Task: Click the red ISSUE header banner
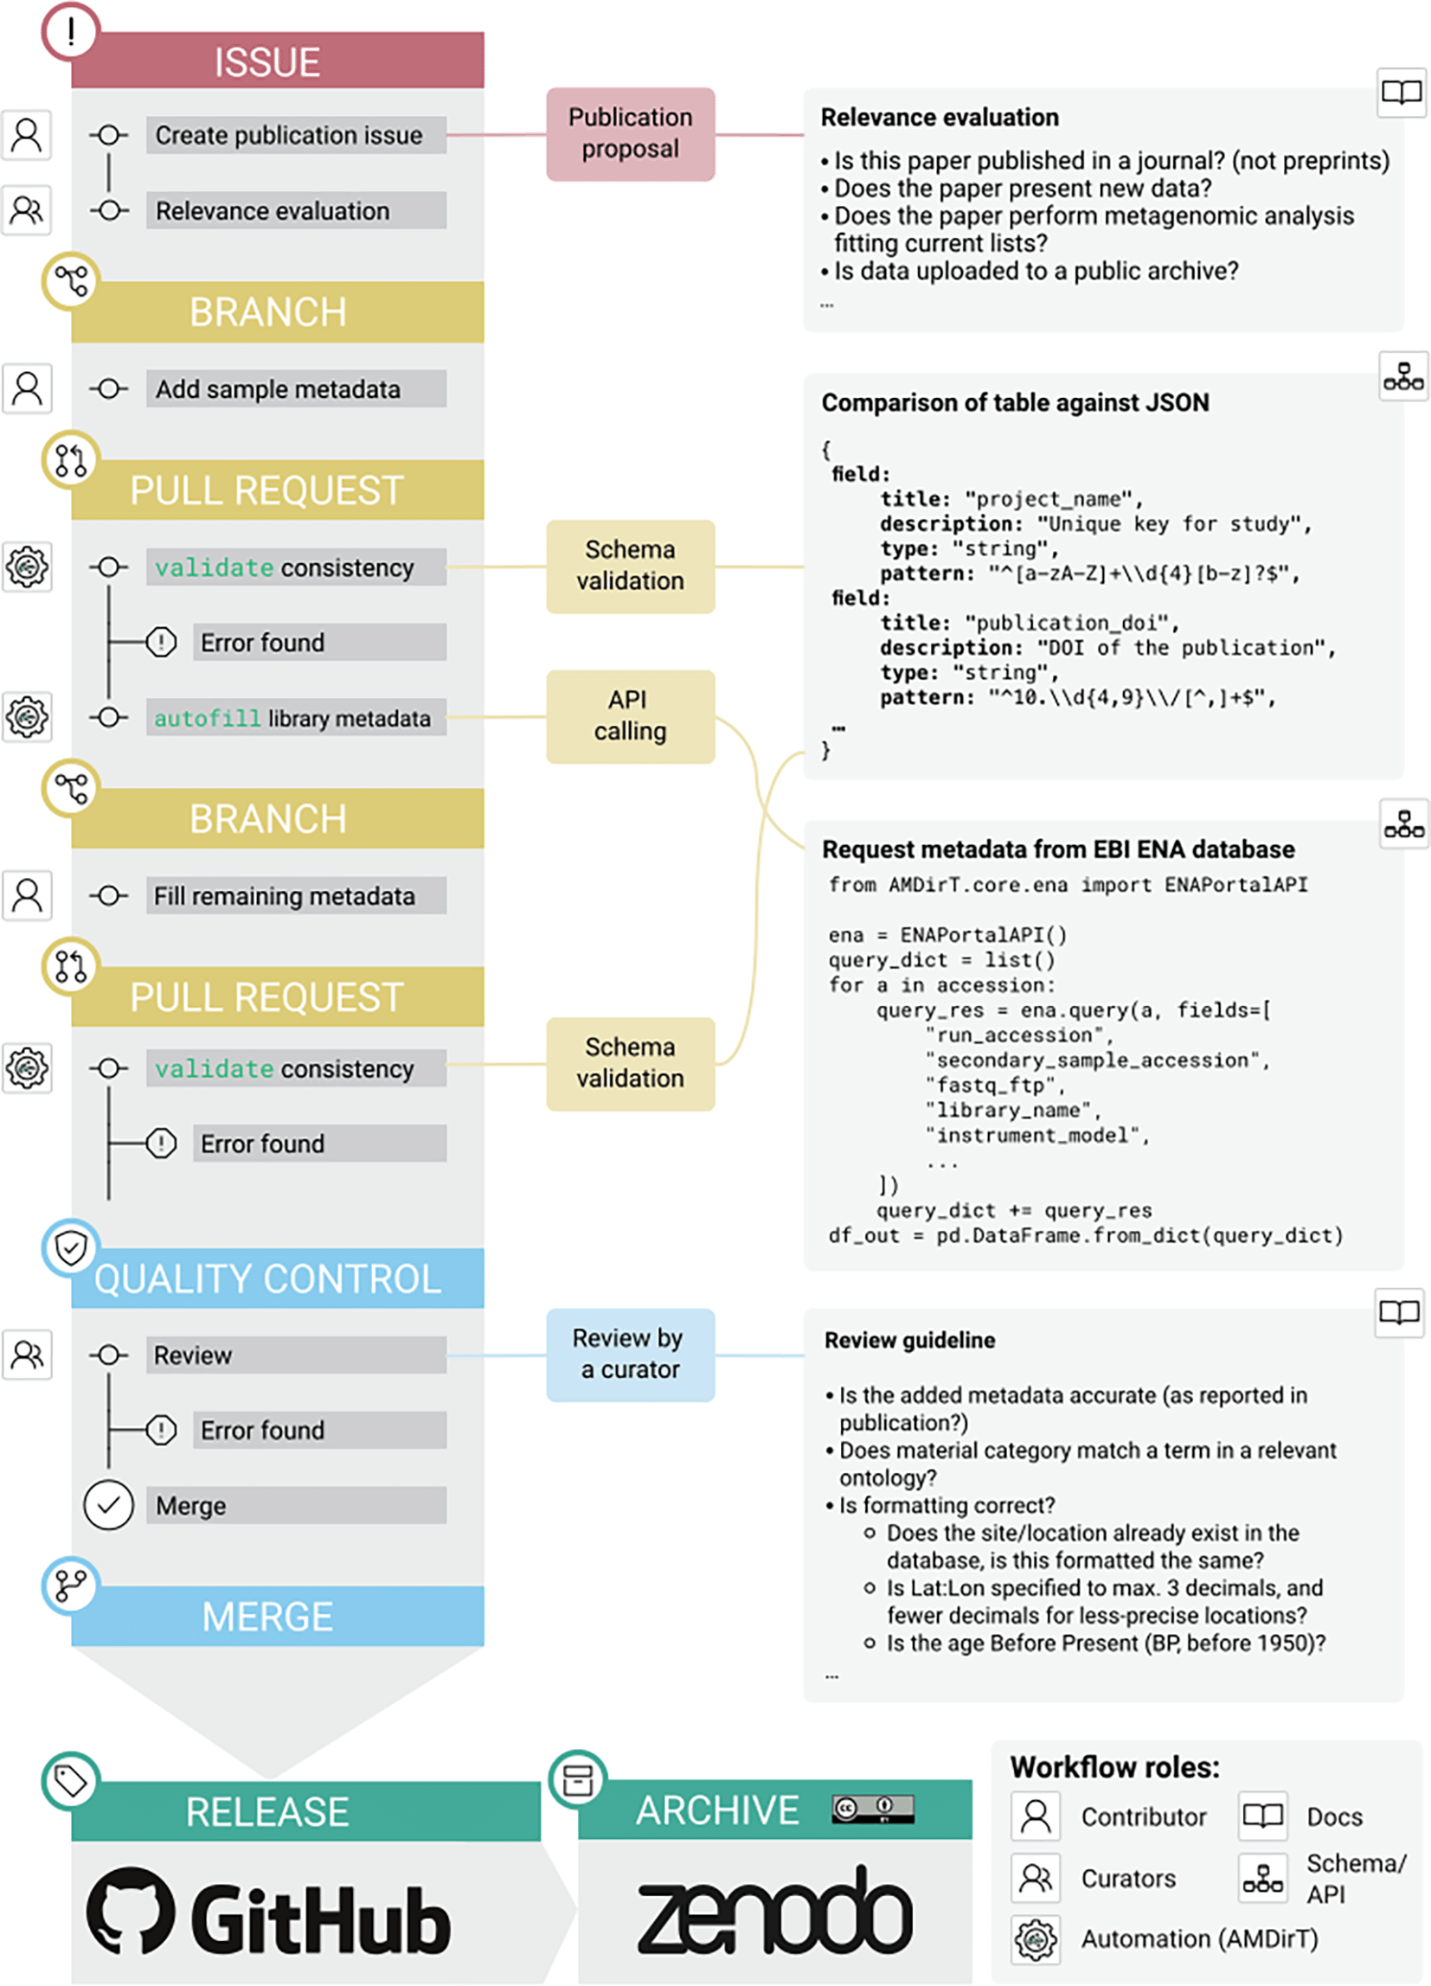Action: (x=278, y=61)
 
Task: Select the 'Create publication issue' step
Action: (x=296, y=136)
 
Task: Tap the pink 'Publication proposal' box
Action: (x=631, y=134)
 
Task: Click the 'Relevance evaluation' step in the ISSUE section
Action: (x=296, y=211)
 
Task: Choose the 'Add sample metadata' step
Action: (x=296, y=388)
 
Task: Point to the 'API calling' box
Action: (x=631, y=716)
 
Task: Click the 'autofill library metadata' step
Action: (x=296, y=718)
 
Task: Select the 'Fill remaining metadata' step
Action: (x=296, y=896)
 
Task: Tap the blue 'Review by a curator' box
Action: (x=631, y=1355)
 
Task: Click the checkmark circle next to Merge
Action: (x=109, y=1505)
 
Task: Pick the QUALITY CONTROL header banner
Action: (x=278, y=1278)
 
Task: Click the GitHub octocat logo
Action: (x=131, y=1911)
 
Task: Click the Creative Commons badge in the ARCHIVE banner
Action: (x=873, y=1808)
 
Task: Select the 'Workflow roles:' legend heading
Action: (x=1115, y=1767)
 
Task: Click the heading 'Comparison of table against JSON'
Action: (x=1015, y=403)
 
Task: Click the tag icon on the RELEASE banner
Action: (x=71, y=1780)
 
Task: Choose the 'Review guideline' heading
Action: (x=910, y=1340)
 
